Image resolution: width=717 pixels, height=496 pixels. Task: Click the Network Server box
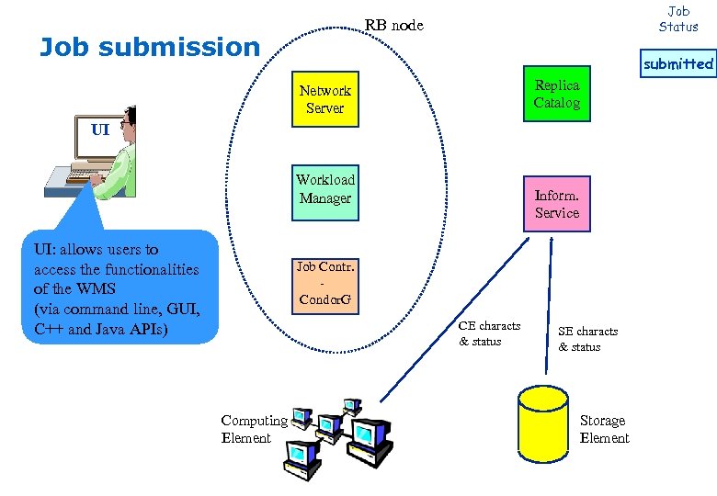324,99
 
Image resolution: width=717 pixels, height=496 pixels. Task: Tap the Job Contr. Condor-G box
325,285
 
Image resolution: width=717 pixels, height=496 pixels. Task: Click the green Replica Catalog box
557,94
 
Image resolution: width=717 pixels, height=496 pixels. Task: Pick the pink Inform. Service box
557,204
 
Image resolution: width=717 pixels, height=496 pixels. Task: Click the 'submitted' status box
677,64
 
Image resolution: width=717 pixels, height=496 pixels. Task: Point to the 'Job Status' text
678,18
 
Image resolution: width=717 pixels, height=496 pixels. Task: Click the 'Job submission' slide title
150,46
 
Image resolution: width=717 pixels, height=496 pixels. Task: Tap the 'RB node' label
394,25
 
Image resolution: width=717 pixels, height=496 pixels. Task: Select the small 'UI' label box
100,130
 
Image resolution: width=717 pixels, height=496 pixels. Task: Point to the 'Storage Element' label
604,429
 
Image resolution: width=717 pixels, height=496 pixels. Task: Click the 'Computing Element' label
253,429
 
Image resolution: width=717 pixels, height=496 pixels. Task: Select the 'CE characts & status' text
489,333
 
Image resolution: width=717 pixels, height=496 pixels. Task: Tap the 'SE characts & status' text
587,339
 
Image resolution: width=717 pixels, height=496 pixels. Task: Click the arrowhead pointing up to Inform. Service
550,239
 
